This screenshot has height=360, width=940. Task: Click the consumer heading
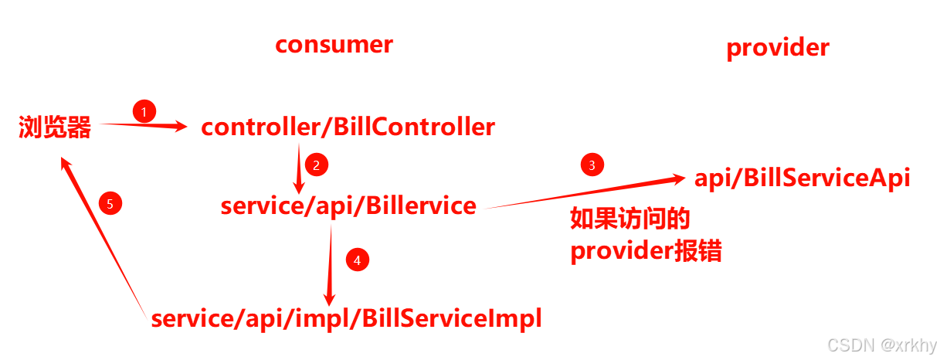point(334,45)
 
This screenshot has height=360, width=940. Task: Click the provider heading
point(777,48)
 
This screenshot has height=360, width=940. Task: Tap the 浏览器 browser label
point(55,127)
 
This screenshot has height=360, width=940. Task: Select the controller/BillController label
point(348,127)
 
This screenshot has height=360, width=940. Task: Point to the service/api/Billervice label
point(348,206)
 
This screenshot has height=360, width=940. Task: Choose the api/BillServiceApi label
point(803,178)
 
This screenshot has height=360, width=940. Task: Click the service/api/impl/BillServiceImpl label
point(346,318)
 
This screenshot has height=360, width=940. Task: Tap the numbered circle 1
point(144,111)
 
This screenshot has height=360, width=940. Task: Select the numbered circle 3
point(592,165)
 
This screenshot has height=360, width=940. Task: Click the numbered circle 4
point(356,260)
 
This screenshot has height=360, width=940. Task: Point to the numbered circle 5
point(110,204)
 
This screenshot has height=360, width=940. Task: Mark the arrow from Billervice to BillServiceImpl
point(331,263)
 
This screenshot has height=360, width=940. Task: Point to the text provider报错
point(646,252)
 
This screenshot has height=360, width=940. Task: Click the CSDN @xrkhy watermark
point(880,345)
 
